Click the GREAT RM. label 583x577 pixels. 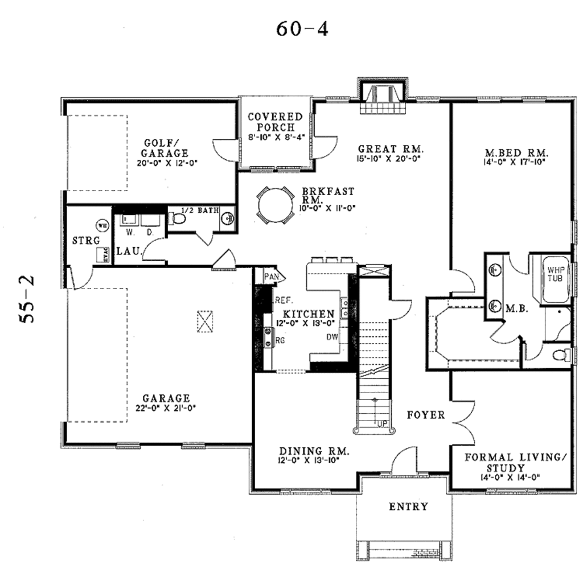(392, 150)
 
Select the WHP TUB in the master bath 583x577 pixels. (555, 274)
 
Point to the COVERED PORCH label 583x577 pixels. (275, 122)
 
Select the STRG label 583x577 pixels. (86, 241)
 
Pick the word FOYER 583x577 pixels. (426, 415)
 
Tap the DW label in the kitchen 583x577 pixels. (333, 337)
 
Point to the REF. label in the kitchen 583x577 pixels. (284, 300)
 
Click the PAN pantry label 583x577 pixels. (270, 277)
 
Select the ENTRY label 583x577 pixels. (408, 506)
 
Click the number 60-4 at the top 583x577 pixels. (302, 28)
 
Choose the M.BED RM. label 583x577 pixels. (516, 153)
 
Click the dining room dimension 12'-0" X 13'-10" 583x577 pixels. (309, 460)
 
